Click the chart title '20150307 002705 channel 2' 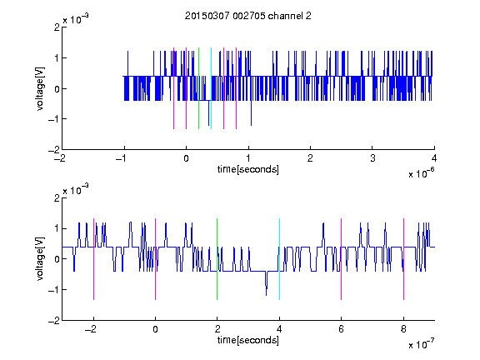(x=248, y=16)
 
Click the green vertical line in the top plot (x=198, y=88)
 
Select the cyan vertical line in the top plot (x=211, y=88)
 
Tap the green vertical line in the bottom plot (x=217, y=259)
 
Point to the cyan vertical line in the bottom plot (x=279, y=259)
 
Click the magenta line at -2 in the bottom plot (x=93, y=259)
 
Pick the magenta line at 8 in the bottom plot (x=404, y=259)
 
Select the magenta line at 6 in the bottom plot (x=342, y=259)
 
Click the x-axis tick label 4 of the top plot (x=434, y=158)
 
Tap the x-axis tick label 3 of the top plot (x=372, y=158)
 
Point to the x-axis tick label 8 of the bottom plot (x=403, y=329)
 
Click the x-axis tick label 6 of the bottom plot (x=342, y=329)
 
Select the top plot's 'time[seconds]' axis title (x=248, y=169)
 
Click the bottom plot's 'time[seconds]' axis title (x=248, y=340)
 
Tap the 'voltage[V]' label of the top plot (x=40, y=88)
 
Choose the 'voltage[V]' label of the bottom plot (x=40, y=259)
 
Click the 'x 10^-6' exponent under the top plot (x=421, y=173)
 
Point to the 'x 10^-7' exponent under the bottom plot (x=421, y=344)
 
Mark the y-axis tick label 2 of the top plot (x=57, y=27)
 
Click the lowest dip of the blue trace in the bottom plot (x=267, y=295)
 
